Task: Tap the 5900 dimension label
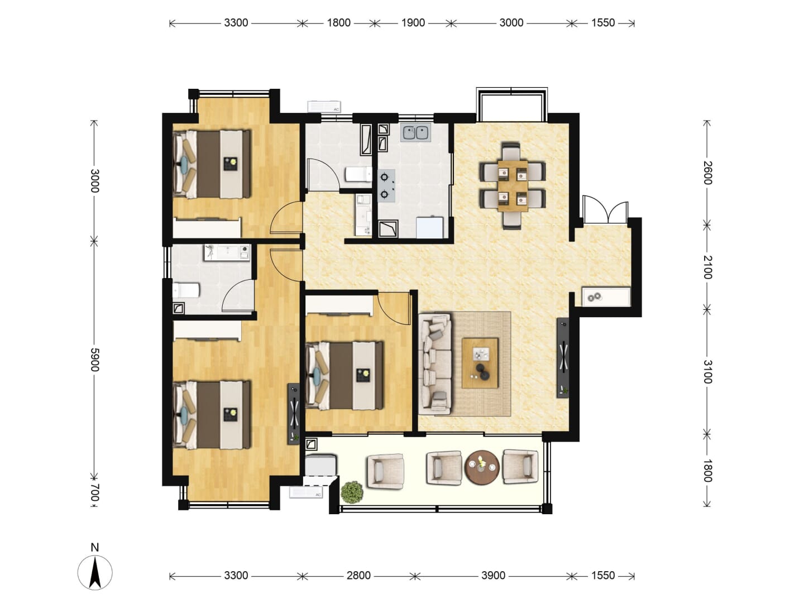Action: point(95,360)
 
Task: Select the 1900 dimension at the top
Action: point(413,23)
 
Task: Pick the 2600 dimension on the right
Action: point(707,173)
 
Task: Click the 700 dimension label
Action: point(95,492)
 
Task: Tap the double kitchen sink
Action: point(417,133)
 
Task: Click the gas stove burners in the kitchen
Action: point(387,185)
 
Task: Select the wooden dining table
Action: point(513,185)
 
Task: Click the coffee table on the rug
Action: point(480,363)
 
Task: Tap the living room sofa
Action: point(435,363)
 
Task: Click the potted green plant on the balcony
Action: point(352,492)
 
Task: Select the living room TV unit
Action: point(563,358)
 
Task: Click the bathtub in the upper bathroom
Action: point(366,140)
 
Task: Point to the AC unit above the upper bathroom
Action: point(324,107)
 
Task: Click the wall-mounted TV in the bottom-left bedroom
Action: point(294,414)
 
